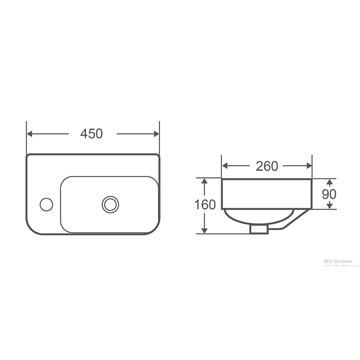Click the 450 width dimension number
92,134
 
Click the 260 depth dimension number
267,166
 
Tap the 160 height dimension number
205,205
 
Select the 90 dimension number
329,194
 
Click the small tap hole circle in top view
46,204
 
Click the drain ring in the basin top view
110,204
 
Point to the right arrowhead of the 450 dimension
156,134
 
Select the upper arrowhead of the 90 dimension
329,182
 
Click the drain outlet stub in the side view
258,229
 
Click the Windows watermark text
338,261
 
